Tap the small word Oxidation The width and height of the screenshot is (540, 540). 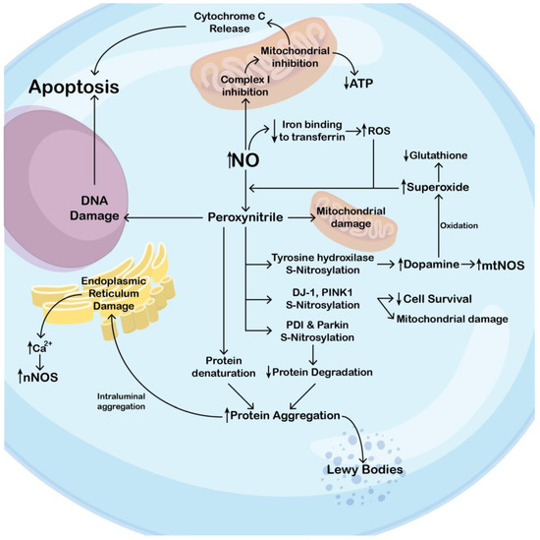(x=458, y=225)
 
